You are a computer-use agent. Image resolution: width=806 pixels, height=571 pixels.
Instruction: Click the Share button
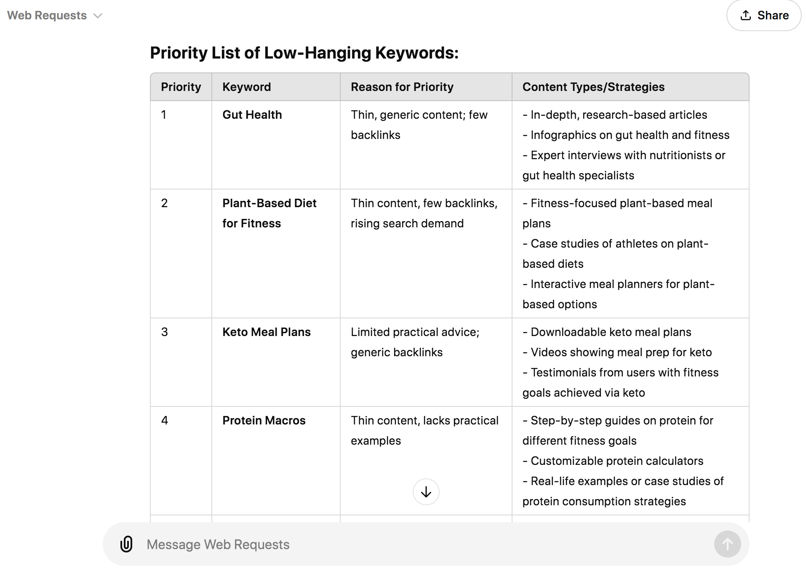click(x=764, y=16)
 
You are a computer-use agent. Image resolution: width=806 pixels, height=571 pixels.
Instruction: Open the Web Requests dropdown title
click(x=54, y=16)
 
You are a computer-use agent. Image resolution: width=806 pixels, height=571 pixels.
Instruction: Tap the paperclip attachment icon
click(x=126, y=544)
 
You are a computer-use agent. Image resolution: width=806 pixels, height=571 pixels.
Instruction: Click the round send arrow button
click(x=727, y=544)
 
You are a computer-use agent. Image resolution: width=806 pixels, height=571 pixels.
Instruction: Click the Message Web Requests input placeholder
click(x=218, y=544)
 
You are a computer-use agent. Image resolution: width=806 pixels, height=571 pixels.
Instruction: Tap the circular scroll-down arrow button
click(x=426, y=491)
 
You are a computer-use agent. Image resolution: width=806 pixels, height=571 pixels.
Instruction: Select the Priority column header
click(x=181, y=87)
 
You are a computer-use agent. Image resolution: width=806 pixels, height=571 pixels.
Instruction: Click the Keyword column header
click(x=246, y=87)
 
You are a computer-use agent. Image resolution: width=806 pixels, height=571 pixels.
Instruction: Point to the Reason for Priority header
click(x=402, y=87)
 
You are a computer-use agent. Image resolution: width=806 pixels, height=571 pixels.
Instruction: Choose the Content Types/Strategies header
click(x=593, y=87)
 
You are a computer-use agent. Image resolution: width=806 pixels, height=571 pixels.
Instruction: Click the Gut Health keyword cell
click(x=252, y=115)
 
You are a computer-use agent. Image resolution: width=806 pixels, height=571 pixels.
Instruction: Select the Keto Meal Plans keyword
click(x=266, y=332)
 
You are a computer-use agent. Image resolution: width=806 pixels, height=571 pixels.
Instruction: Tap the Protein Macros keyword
click(x=264, y=420)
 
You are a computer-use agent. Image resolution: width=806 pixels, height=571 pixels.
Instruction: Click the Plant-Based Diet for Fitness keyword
click(x=269, y=213)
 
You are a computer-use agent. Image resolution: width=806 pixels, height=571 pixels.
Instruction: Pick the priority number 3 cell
click(x=164, y=332)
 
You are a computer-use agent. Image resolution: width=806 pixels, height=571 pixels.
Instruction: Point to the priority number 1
click(x=163, y=115)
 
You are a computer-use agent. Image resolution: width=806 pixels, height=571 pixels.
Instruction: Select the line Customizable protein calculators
click(x=617, y=461)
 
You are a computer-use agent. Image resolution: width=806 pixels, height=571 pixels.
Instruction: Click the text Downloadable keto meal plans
click(x=611, y=332)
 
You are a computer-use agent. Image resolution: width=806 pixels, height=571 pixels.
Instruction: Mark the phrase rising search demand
click(x=407, y=223)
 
